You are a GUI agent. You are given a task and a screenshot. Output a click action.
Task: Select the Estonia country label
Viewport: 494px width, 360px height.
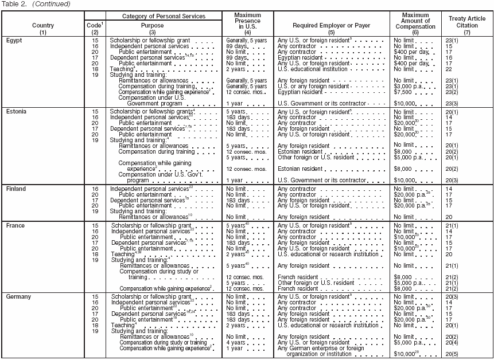point(16,111)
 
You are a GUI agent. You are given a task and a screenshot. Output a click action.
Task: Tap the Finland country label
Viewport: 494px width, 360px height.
point(16,189)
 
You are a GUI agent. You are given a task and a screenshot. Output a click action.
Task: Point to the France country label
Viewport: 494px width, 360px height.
point(15,226)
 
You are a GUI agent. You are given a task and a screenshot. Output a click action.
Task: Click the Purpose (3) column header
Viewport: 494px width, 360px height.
point(152,29)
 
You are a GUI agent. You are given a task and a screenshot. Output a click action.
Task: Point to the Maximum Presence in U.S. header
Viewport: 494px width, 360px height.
point(248,22)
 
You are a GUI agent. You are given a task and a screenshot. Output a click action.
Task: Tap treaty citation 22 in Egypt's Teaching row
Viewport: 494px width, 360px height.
point(449,69)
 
